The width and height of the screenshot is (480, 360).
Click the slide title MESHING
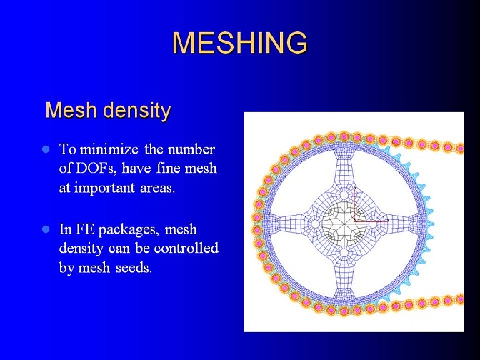[240, 42]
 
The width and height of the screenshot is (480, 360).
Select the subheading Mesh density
[108, 110]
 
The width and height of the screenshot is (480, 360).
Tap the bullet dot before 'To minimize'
[46, 149]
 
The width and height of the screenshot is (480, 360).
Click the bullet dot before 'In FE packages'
[46, 229]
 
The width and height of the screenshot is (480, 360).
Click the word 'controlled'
[186, 248]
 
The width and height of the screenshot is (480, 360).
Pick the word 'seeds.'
[134, 268]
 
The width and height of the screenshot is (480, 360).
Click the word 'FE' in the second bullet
[86, 229]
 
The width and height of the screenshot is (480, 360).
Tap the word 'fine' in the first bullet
[168, 169]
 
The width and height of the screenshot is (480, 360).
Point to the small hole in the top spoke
[344, 195]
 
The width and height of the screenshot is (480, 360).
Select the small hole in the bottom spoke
[344, 253]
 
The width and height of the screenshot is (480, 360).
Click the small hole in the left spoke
[315, 224]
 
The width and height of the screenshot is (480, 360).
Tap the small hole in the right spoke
[373, 224]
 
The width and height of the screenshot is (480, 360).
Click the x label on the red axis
[388, 220]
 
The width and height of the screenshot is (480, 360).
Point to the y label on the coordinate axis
[355, 187]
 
